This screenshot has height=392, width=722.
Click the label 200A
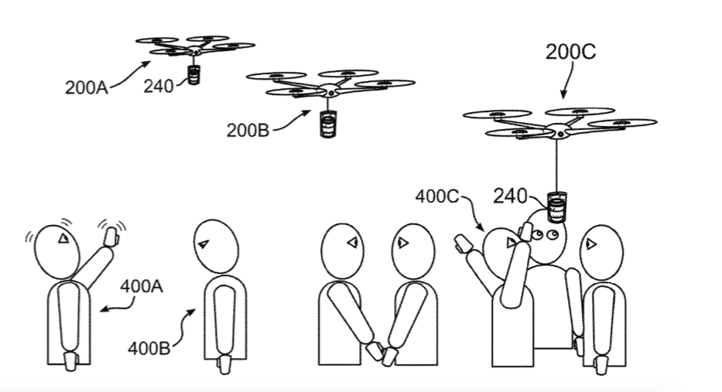coord(86,86)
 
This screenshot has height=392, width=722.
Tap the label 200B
coord(248,129)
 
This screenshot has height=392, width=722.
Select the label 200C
coord(571,53)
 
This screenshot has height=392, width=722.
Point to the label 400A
coord(142,286)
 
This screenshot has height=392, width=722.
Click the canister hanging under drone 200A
coord(193,76)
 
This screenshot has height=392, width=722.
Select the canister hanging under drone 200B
coord(329,124)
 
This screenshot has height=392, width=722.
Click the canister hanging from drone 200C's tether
coord(556,206)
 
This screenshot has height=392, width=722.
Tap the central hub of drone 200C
coord(558,128)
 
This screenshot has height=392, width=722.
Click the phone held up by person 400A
coord(110,233)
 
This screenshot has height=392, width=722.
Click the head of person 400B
coord(209,244)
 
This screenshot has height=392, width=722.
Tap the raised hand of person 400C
coord(463,244)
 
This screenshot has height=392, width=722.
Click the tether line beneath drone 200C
coord(557,166)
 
